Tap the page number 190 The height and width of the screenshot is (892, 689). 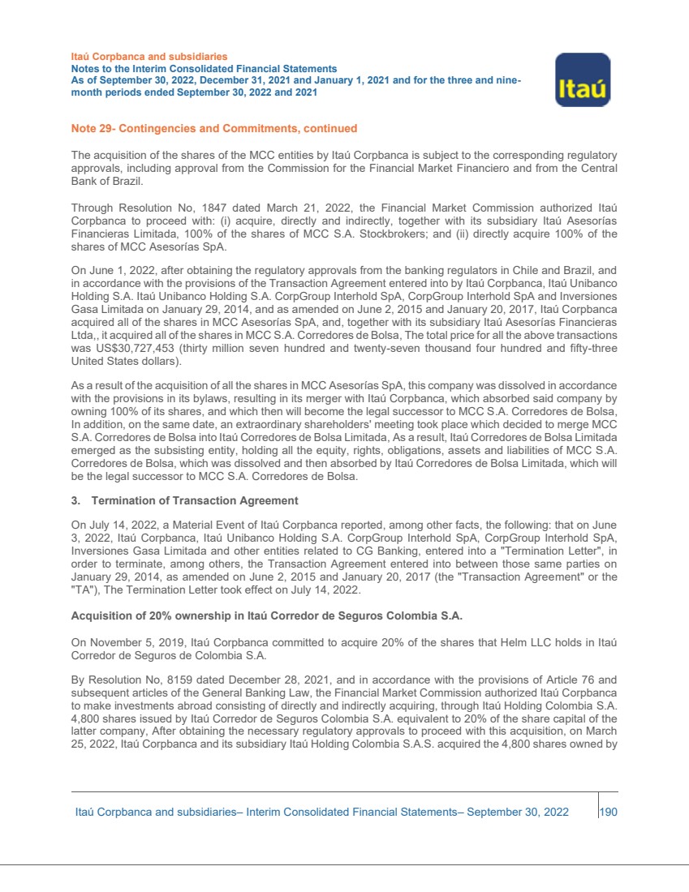coord(609,812)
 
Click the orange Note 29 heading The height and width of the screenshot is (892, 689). coord(213,128)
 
